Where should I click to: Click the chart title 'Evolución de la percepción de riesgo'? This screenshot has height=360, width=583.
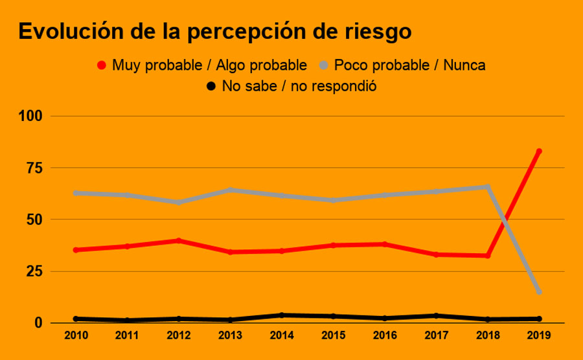[x=214, y=31]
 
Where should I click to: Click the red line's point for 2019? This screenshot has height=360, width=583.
[x=538, y=152]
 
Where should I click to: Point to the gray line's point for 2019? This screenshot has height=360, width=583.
[x=538, y=292]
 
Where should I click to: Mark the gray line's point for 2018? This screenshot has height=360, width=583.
[x=487, y=187]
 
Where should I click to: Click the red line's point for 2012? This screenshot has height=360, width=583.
[x=179, y=241]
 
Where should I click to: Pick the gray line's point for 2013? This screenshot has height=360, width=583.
[x=230, y=190]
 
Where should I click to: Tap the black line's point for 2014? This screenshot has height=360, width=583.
[x=282, y=315]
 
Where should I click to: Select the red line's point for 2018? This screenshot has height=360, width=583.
[x=487, y=256]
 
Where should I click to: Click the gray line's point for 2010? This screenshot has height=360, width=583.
[x=76, y=193]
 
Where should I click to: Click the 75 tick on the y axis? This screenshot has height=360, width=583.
[x=34, y=168]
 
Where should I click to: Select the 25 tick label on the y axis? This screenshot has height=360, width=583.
[x=34, y=271]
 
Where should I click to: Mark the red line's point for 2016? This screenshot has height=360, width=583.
[x=384, y=244]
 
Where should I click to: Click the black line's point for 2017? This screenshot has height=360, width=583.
[x=436, y=316]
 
